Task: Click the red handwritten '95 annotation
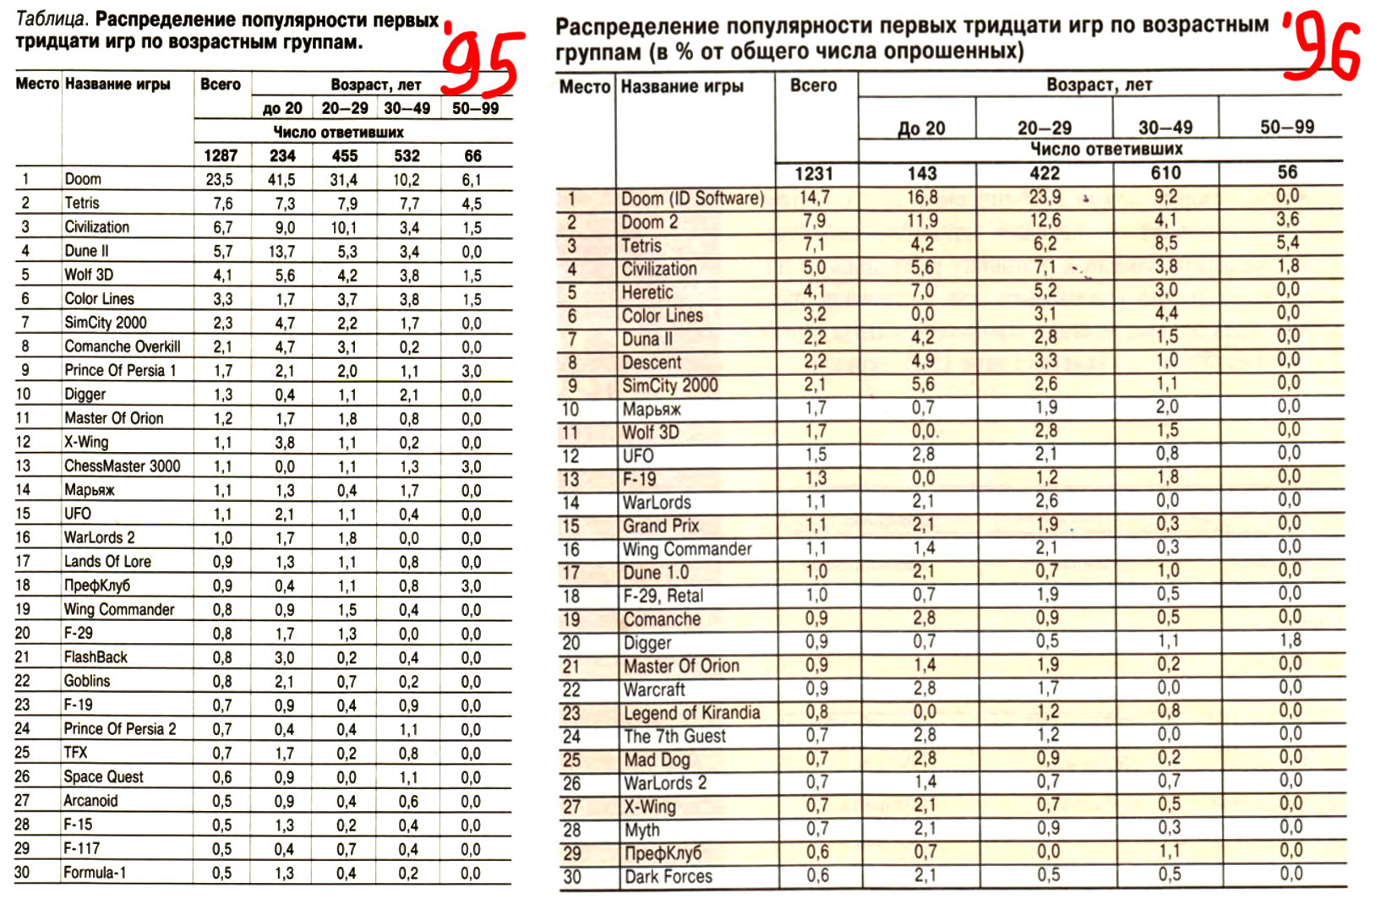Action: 479,60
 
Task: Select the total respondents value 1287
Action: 221,155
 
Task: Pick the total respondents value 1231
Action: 814,173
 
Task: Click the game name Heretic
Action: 647,292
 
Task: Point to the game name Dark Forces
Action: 668,877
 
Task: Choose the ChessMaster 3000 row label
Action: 122,466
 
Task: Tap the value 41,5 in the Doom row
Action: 282,179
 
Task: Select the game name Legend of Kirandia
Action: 691,713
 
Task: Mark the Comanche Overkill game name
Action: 122,346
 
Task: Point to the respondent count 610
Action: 1165,173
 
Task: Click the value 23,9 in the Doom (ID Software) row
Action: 1045,197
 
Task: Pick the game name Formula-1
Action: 95,873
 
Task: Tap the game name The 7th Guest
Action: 674,736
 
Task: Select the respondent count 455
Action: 344,155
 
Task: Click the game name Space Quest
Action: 103,776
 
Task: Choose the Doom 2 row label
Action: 649,222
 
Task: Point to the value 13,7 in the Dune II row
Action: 282,251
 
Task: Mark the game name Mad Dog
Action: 656,760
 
